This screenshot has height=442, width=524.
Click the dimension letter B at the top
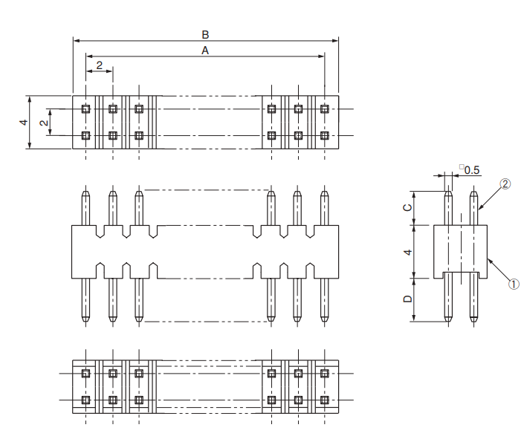205,34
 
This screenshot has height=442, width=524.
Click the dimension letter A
205,50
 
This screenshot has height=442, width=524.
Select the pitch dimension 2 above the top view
100,65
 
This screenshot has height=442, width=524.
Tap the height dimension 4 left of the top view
24,122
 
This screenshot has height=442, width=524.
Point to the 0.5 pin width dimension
472,170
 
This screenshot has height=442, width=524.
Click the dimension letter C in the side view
407,208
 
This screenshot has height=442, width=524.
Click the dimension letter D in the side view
407,299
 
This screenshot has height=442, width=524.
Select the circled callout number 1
513,283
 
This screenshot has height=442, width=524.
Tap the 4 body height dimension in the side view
407,253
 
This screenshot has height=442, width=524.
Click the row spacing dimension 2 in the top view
44,122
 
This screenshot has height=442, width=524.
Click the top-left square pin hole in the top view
86,108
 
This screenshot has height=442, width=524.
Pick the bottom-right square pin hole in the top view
324,136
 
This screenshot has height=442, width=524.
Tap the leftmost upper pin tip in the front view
86,195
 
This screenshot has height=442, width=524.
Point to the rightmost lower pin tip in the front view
324,319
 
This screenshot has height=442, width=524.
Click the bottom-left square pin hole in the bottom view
86,400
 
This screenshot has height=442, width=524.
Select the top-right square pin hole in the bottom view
324,373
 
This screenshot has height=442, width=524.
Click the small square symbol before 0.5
461,167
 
